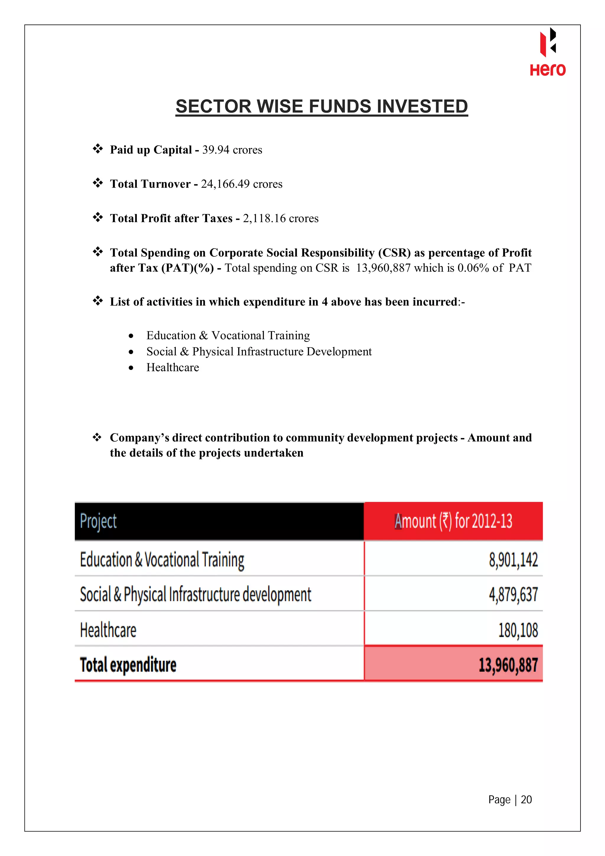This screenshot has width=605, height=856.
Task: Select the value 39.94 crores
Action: (232, 150)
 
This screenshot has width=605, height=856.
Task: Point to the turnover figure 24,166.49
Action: (225, 184)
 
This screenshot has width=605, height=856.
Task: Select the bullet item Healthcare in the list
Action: (173, 368)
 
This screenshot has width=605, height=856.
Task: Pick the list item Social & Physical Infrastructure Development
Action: (259, 351)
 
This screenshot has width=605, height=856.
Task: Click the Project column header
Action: (98, 521)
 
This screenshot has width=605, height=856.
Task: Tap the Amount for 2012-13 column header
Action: (453, 521)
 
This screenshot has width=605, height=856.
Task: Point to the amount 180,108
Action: (518, 630)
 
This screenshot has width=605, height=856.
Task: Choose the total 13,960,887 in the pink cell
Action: (508, 665)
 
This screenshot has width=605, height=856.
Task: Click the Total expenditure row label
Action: (128, 665)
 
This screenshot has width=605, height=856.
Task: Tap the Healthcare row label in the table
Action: (108, 630)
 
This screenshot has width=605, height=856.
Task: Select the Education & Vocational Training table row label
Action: (162, 560)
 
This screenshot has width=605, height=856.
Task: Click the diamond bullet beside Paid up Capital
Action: (98, 149)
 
